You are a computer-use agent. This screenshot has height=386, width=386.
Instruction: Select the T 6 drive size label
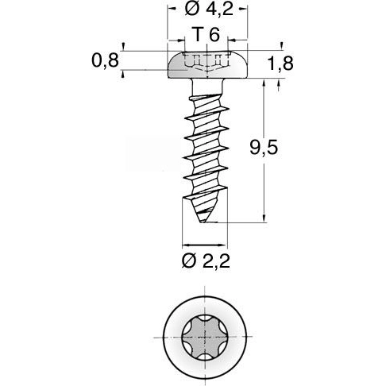pyautogui.click(x=206, y=35)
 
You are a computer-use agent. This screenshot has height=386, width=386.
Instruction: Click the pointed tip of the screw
pyautogui.click(x=210, y=223)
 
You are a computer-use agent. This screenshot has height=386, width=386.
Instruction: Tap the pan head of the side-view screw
pyautogui.click(x=207, y=65)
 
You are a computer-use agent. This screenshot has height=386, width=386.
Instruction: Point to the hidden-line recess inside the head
pyautogui.click(x=206, y=61)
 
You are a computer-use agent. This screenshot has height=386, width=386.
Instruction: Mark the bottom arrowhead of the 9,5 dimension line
pyautogui.click(x=262, y=220)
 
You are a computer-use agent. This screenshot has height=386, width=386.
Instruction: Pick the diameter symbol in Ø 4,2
pyautogui.click(x=189, y=11)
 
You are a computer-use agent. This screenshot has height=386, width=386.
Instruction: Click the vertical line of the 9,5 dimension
pyautogui.click(x=262, y=151)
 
